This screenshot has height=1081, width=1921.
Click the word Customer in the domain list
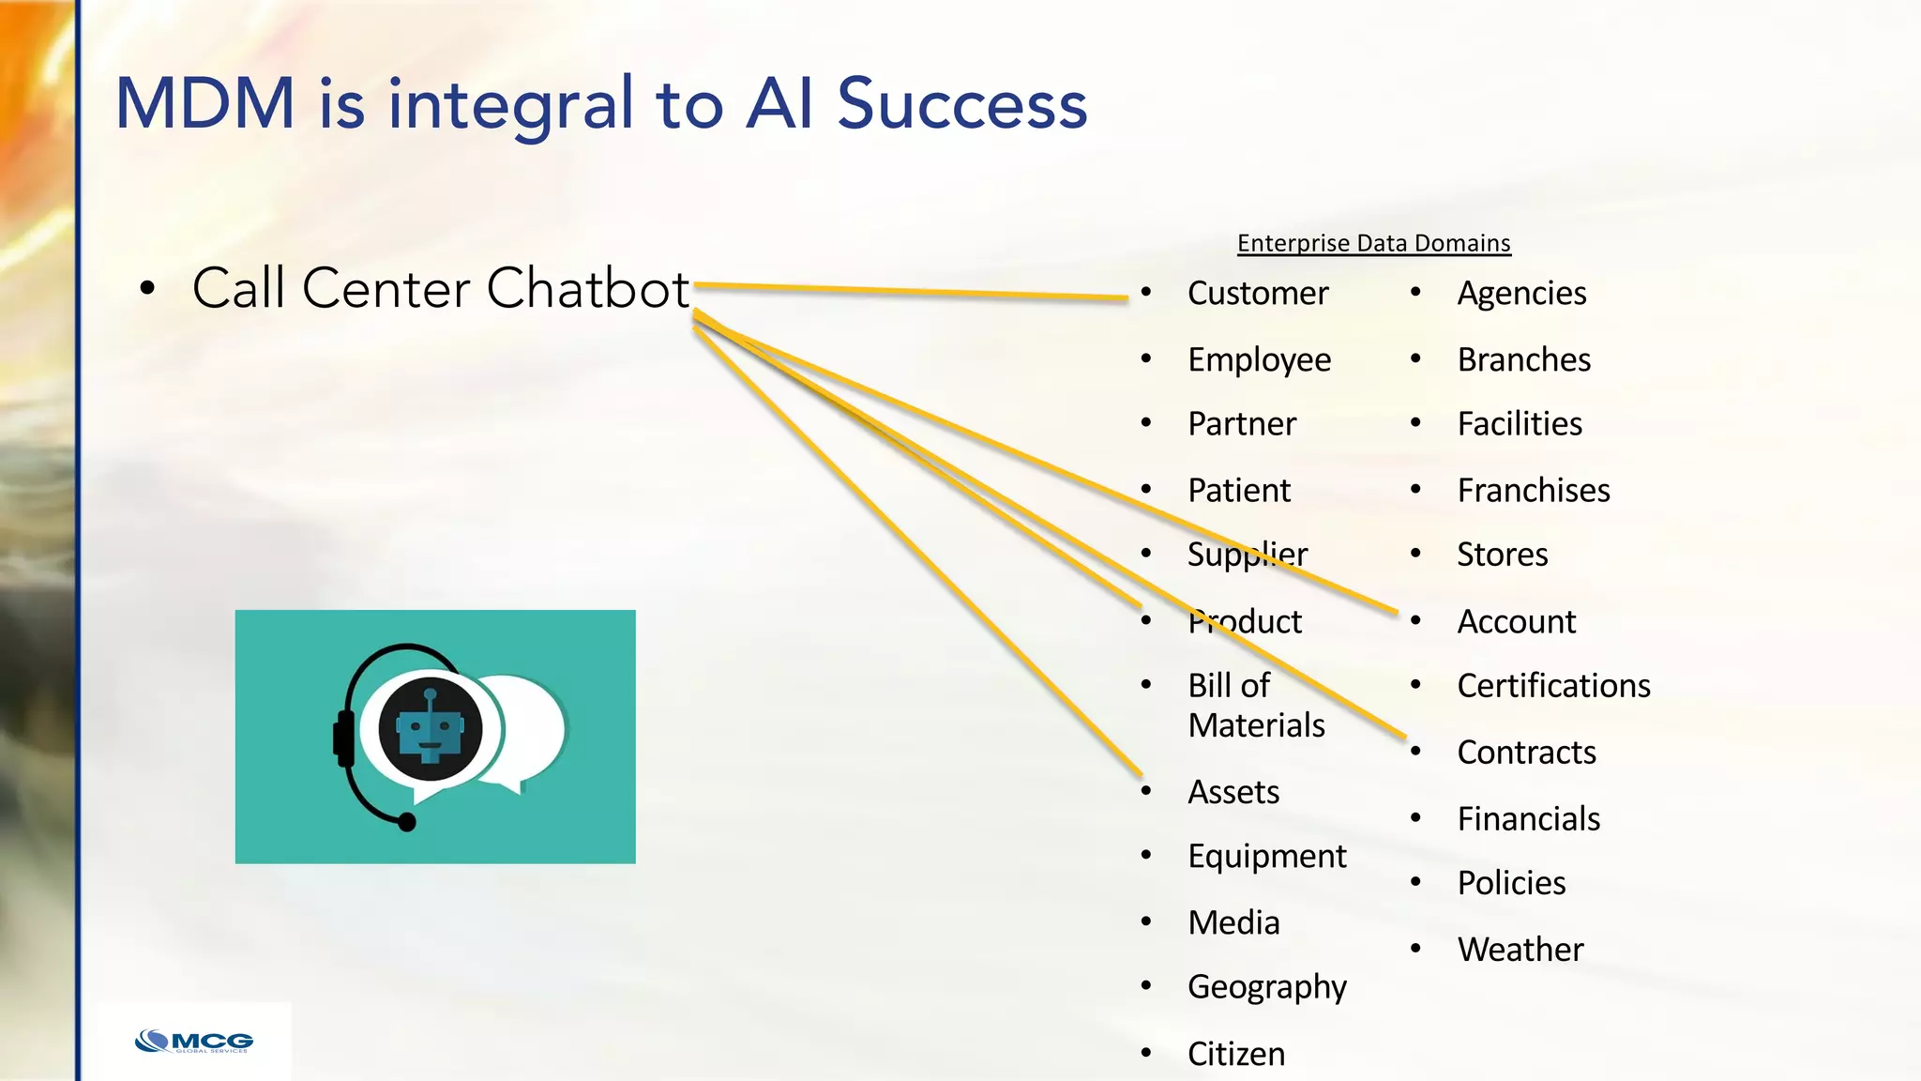[x=1257, y=294]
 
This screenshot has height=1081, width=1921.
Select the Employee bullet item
[x=1259, y=360]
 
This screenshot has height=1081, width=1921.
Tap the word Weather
[x=1520, y=950]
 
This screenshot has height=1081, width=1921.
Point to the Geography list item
[x=1266, y=987]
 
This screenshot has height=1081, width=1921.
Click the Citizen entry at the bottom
[x=1235, y=1054]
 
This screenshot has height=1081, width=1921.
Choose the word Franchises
[x=1533, y=491]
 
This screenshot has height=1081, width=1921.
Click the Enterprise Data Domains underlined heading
[x=1373, y=243]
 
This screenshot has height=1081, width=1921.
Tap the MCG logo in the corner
[x=194, y=1042]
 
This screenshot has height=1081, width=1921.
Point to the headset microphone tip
[x=407, y=822]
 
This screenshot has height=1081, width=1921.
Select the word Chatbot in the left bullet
[x=588, y=288]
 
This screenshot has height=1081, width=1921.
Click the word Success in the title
[x=961, y=103]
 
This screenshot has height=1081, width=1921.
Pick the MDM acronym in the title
[x=204, y=103]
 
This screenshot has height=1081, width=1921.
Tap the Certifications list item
[x=1553, y=686]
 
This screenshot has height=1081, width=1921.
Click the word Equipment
[x=1266, y=857]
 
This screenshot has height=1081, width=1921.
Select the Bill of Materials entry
[x=1255, y=706]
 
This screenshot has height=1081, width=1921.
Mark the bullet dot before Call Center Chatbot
[x=147, y=289]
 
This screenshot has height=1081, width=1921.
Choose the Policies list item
[x=1510, y=883]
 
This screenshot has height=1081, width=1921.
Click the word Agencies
[x=1520, y=294]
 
